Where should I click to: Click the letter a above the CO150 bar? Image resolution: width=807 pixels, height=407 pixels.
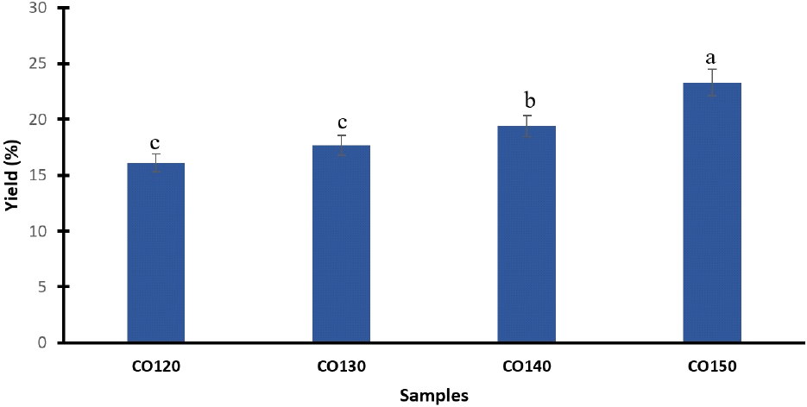click(x=711, y=59)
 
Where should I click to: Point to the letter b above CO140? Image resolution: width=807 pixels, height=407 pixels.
click(x=526, y=103)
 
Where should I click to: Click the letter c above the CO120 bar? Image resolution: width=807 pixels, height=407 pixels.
click(x=155, y=143)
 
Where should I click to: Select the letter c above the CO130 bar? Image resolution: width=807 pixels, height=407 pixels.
click(x=341, y=123)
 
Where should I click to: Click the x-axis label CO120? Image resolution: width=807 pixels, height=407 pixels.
click(x=155, y=366)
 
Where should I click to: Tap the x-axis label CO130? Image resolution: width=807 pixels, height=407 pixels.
click(x=341, y=366)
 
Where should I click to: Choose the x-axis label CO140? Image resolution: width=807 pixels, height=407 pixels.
click(x=526, y=366)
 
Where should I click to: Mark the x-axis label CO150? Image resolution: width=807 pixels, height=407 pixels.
click(x=712, y=366)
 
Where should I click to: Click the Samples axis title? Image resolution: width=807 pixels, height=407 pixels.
click(x=434, y=396)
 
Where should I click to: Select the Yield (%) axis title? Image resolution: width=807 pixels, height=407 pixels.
click(x=12, y=175)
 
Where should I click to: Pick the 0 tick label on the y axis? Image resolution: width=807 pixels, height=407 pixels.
click(x=42, y=342)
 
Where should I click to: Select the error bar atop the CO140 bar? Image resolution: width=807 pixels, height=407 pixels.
click(x=526, y=126)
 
